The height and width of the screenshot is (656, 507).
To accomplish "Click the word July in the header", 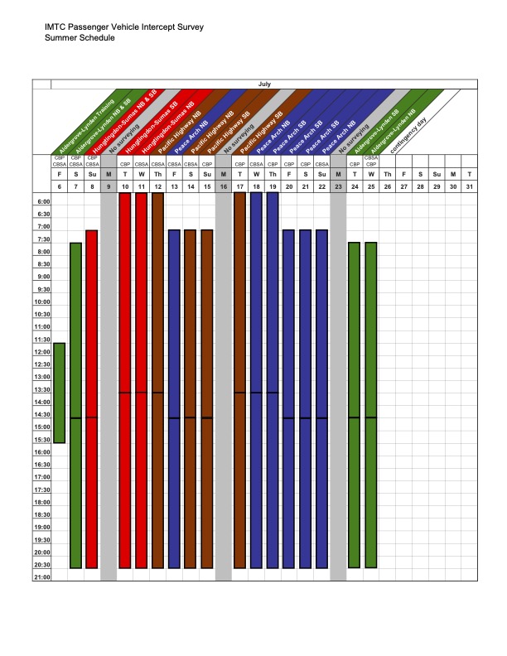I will pos(264,84).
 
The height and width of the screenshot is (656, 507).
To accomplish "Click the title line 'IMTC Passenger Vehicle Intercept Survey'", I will pos(124,27).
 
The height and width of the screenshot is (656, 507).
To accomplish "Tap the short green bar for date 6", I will pos(59,393).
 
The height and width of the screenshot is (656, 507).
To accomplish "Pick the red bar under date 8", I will pos(92,398).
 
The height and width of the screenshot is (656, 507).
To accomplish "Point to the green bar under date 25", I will pos(370,406).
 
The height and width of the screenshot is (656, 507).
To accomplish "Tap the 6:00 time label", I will pos(42,201).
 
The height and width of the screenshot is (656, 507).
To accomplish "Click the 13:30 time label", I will pos(42,389).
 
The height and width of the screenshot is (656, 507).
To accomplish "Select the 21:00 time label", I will pos(42,577).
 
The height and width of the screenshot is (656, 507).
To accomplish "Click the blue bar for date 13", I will pos(174,398).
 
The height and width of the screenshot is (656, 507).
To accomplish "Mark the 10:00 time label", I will pos(42,301).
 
